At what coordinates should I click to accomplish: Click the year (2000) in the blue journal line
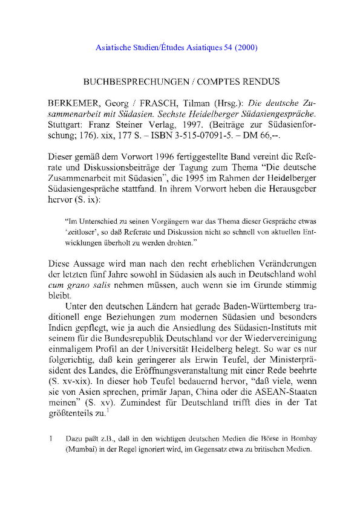click(x=248, y=47)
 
